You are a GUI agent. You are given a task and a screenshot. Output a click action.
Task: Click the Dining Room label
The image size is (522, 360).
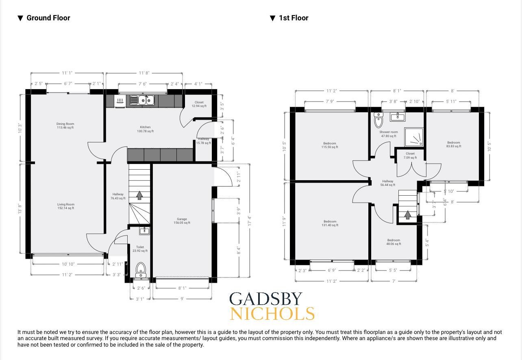tap(65, 126)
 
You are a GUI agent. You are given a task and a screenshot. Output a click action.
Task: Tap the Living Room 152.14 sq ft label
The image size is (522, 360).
tap(65, 206)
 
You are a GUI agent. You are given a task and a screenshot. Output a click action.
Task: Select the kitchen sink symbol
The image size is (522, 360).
tap(143, 100)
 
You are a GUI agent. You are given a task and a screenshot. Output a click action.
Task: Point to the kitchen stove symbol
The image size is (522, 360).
tap(120, 100)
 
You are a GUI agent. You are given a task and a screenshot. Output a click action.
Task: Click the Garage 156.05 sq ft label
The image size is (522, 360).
tap(182, 221)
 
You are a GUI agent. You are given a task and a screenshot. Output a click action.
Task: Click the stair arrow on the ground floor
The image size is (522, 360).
tap(139, 196)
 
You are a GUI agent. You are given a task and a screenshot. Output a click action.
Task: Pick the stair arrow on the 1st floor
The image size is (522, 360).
tap(407, 215)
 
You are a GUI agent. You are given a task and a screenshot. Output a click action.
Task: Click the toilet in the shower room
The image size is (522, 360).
tap(378, 120)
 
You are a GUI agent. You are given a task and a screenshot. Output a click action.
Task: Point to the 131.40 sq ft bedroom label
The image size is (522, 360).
tap(330, 223)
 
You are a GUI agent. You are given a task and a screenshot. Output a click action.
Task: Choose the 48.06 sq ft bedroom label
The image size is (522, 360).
tap(394, 242)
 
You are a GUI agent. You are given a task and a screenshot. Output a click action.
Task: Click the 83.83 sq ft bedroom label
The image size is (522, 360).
tap(453, 144)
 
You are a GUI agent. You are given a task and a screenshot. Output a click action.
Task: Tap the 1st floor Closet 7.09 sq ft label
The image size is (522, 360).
tap(410, 155)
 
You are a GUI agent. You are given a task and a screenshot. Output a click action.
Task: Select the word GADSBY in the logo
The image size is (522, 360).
tap(266, 299)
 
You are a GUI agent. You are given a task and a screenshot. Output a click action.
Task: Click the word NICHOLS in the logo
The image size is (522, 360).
tap(272, 314)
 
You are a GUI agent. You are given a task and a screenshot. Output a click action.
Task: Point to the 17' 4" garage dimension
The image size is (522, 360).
tap(250, 221)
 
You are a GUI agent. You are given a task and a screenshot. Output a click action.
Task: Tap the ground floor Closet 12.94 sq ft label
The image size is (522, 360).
tap(199, 104)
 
